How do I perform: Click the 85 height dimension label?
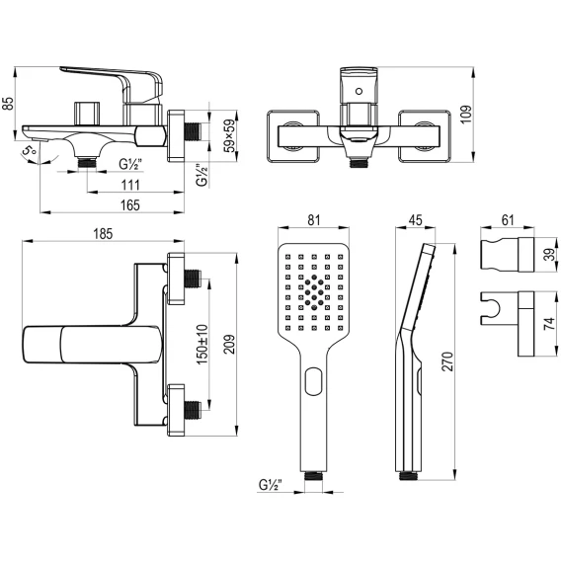coord(9,104)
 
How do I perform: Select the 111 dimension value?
coord(130,186)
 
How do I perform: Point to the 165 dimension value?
coord(130,205)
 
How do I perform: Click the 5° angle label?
coord(29,150)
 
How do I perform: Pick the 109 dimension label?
coord(466,115)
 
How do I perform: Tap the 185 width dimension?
coord(103,234)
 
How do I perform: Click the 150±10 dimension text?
coord(202,344)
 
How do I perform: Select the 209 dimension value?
coord(229,344)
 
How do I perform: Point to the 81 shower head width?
coord(314,220)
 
